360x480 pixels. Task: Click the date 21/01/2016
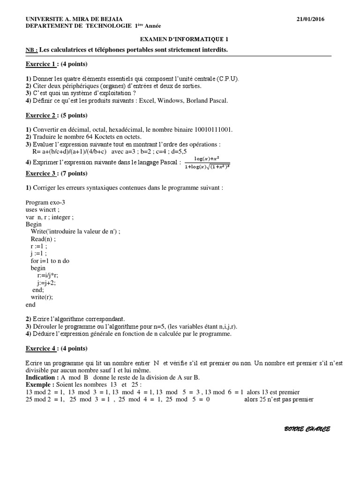tap(311, 19)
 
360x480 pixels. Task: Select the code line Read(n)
tap(43, 239)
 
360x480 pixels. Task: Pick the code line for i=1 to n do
tap(50, 261)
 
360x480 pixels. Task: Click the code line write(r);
tap(42, 297)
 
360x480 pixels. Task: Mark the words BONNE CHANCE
tap(307, 429)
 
